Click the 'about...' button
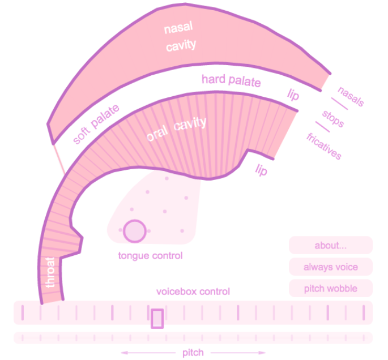tap(331, 245)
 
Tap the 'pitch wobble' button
tap(331, 288)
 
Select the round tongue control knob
tap(135, 231)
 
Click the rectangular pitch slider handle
tap(157, 319)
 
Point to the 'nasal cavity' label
tap(180, 37)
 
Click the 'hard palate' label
tap(231, 80)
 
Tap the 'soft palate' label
tap(96, 124)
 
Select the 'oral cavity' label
tap(176, 128)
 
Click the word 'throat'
tap(50, 272)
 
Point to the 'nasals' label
tap(351, 96)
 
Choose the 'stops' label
tap(333, 119)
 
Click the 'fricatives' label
tap(324, 146)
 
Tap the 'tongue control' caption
tap(151, 256)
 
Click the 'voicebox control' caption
tap(193, 292)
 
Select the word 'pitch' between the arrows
tap(193, 353)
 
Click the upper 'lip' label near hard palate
tap(293, 95)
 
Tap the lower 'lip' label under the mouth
tap(261, 170)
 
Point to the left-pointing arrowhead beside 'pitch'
tap(124, 353)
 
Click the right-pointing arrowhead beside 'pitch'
tap(262, 353)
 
